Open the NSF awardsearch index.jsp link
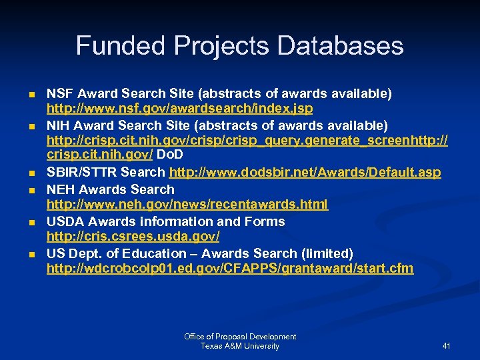[179, 109]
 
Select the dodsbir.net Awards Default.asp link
[305, 173]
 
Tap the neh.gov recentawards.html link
[187, 205]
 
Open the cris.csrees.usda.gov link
[133, 237]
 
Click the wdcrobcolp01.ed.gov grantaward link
[229, 269]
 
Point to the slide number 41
[446, 346]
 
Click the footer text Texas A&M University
[240, 346]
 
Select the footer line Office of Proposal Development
[240, 337]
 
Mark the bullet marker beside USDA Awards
[32, 222]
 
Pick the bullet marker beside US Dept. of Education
[32, 254]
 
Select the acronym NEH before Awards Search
[59, 189]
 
